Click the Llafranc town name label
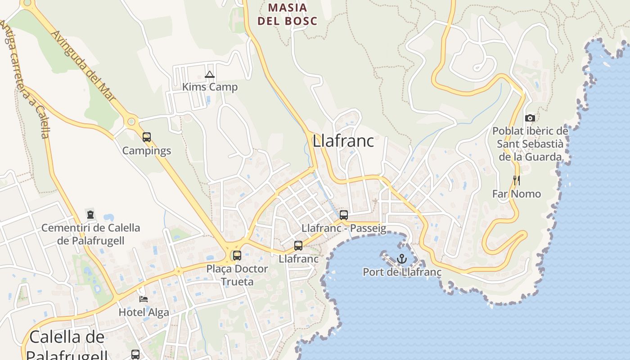coord(343,141)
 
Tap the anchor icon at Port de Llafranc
coord(401,259)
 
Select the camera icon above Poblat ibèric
coord(530,118)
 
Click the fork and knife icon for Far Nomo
coord(516,180)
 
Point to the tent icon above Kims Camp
coord(209,74)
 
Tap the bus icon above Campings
coord(147,137)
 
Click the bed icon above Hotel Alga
coord(144,299)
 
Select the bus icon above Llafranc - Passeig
coord(344,215)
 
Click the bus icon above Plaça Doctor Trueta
coord(237,256)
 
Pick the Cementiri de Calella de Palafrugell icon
coord(90,215)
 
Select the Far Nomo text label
coord(516,194)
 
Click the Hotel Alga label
coord(144,312)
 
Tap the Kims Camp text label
coord(210,87)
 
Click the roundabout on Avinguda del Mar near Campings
coord(131,121)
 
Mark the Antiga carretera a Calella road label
coord(27,81)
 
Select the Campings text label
coord(147,150)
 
